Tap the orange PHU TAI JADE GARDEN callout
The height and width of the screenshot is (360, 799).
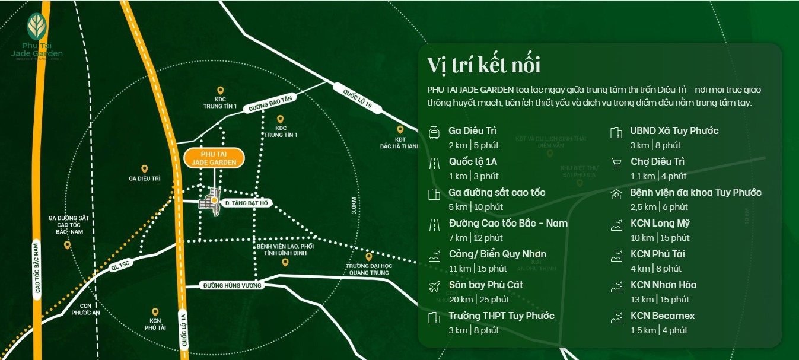214,158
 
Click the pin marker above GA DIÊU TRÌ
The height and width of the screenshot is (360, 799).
144,170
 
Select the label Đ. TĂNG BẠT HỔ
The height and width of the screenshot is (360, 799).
246,203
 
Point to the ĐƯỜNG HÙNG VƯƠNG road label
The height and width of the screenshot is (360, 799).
232,285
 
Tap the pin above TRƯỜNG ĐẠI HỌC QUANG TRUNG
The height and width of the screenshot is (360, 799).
368,257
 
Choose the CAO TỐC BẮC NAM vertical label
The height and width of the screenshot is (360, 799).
36,268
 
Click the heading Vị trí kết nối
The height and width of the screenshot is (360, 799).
483,65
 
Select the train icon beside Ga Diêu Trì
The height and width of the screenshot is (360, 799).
434,132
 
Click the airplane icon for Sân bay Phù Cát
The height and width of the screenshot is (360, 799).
434,286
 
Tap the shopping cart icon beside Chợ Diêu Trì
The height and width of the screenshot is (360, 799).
616,163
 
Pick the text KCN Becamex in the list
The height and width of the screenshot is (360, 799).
663,316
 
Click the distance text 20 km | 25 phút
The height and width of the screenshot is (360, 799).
479,300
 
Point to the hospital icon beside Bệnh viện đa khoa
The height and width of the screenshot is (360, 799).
616,193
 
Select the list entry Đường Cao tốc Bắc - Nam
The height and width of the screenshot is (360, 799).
508,223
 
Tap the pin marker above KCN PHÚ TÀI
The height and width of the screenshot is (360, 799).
155,312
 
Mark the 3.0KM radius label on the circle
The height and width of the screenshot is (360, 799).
354,205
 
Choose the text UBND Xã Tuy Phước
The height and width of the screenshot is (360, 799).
674,130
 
